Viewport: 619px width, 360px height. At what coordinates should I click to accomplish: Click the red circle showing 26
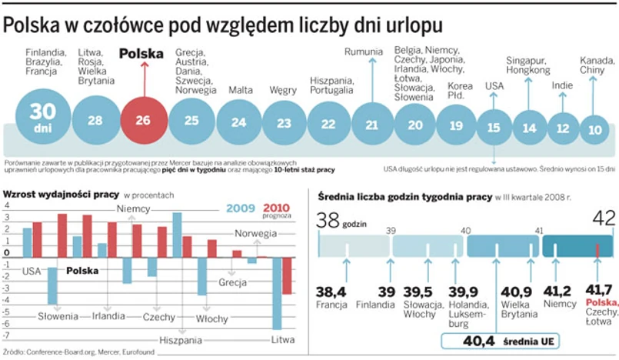(x=144, y=121)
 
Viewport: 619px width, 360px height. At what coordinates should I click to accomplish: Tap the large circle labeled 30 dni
(x=43, y=117)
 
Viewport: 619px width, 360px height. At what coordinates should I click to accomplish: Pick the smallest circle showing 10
(x=594, y=129)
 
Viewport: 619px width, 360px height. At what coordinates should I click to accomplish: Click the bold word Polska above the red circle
(x=141, y=54)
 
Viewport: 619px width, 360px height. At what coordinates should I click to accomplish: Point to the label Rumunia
(x=364, y=52)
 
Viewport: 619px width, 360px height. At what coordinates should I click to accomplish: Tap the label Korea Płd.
(x=461, y=90)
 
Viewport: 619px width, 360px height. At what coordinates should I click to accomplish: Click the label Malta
(x=240, y=89)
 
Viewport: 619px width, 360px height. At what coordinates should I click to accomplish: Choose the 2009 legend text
(x=241, y=208)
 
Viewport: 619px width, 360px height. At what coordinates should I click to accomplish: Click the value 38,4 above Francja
(x=331, y=292)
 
